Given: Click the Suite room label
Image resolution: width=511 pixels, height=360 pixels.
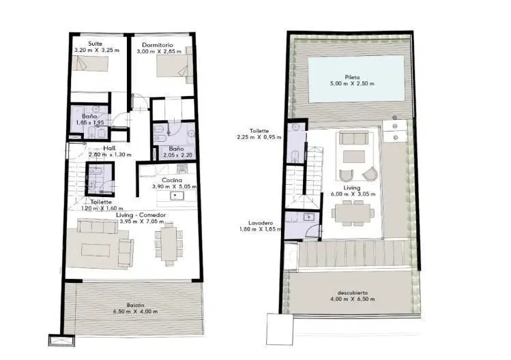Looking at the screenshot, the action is click(x=95, y=44).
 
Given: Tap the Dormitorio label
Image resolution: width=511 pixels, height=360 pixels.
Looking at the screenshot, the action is click(x=158, y=45).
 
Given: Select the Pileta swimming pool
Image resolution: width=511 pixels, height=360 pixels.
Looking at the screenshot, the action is click(x=356, y=79).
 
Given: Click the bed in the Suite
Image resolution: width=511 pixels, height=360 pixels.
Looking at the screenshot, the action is click(x=89, y=63).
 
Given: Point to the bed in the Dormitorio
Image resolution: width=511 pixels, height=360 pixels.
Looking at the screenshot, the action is click(x=173, y=66).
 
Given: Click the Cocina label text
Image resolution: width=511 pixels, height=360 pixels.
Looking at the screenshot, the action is click(x=172, y=180).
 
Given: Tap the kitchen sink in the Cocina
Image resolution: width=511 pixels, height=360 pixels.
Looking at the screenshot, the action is click(x=177, y=196).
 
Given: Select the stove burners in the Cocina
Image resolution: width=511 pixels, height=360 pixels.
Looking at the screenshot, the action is click(x=182, y=168).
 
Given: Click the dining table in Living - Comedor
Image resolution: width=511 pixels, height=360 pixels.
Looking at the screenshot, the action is click(x=169, y=243).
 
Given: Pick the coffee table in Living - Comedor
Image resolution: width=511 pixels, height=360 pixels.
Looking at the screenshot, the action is click(x=96, y=250).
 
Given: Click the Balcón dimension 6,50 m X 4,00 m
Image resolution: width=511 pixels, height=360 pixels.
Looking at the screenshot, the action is click(x=135, y=312).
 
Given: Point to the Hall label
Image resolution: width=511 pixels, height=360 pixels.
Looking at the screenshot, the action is click(x=109, y=148).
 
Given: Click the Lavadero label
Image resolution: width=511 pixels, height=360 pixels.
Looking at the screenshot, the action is click(x=261, y=223).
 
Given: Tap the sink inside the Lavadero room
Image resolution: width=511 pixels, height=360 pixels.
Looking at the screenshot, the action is click(x=308, y=216).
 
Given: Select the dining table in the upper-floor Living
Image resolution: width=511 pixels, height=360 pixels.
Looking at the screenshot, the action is click(x=353, y=213).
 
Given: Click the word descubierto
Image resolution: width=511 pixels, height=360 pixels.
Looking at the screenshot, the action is click(x=353, y=292).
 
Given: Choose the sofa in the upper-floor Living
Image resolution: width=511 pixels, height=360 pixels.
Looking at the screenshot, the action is click(x=353, y=138).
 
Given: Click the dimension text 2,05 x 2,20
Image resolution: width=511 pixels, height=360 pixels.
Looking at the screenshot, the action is click(x=178, y=155).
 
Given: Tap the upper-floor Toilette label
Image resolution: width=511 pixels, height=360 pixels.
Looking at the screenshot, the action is click(x=259, y=131).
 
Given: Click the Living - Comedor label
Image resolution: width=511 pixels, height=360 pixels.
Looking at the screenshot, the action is click(x=141, y=215).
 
